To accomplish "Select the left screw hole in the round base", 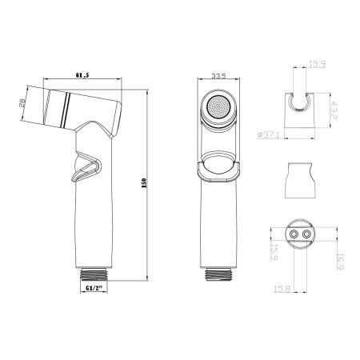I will (x=297, y=234).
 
